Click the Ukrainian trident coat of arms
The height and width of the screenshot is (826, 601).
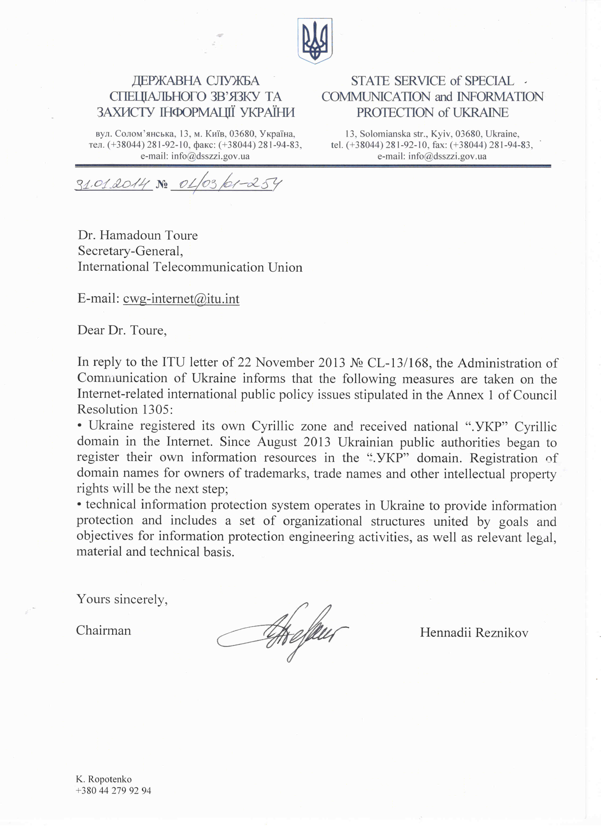point(315,41)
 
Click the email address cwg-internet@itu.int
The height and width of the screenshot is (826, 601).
point(181,299)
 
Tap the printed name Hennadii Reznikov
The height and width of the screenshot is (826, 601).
point(474,633)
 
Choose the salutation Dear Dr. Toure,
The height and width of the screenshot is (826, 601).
point(122,330)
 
